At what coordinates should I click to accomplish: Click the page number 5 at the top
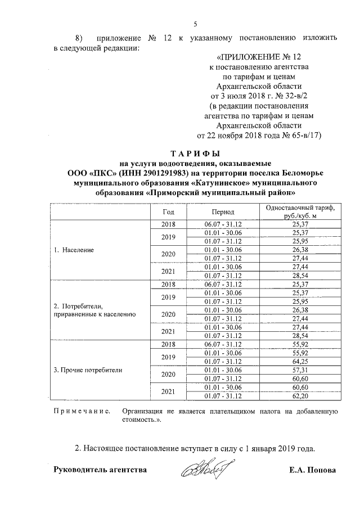[195, 24]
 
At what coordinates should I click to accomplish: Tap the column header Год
[168, 212]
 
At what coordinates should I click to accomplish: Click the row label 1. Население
[74, 249]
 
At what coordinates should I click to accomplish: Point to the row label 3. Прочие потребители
[87, 370]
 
